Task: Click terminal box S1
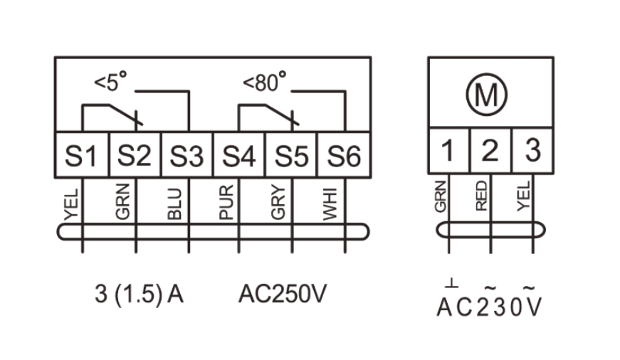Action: pos(82,156)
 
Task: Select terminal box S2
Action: pos(135,156)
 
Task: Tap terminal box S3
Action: pos(187,156)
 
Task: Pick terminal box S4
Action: pos(240,156)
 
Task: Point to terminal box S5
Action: pos(292,156)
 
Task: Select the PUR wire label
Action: pos(227,202)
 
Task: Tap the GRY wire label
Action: pos(280,202)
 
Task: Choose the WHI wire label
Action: pos(332,202)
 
